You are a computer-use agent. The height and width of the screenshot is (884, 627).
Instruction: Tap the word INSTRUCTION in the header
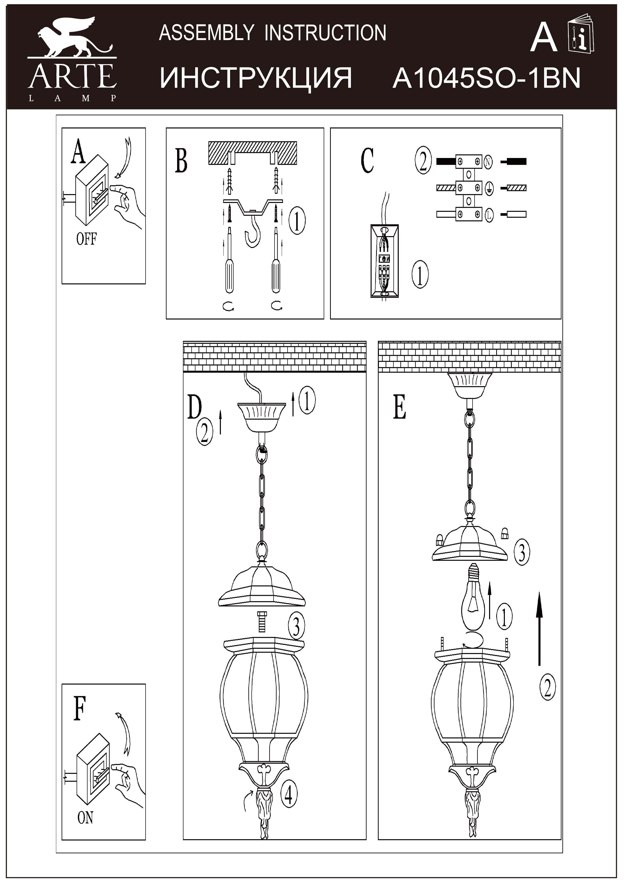point(325,33)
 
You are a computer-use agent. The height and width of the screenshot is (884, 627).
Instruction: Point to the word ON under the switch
point(85,817)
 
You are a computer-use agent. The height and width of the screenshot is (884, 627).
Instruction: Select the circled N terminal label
point(488,162)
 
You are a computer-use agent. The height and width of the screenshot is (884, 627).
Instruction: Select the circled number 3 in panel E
point(522,553)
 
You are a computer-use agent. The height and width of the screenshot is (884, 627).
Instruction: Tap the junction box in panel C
point(384,261)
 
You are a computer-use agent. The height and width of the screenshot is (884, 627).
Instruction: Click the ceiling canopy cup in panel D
point(261,416)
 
